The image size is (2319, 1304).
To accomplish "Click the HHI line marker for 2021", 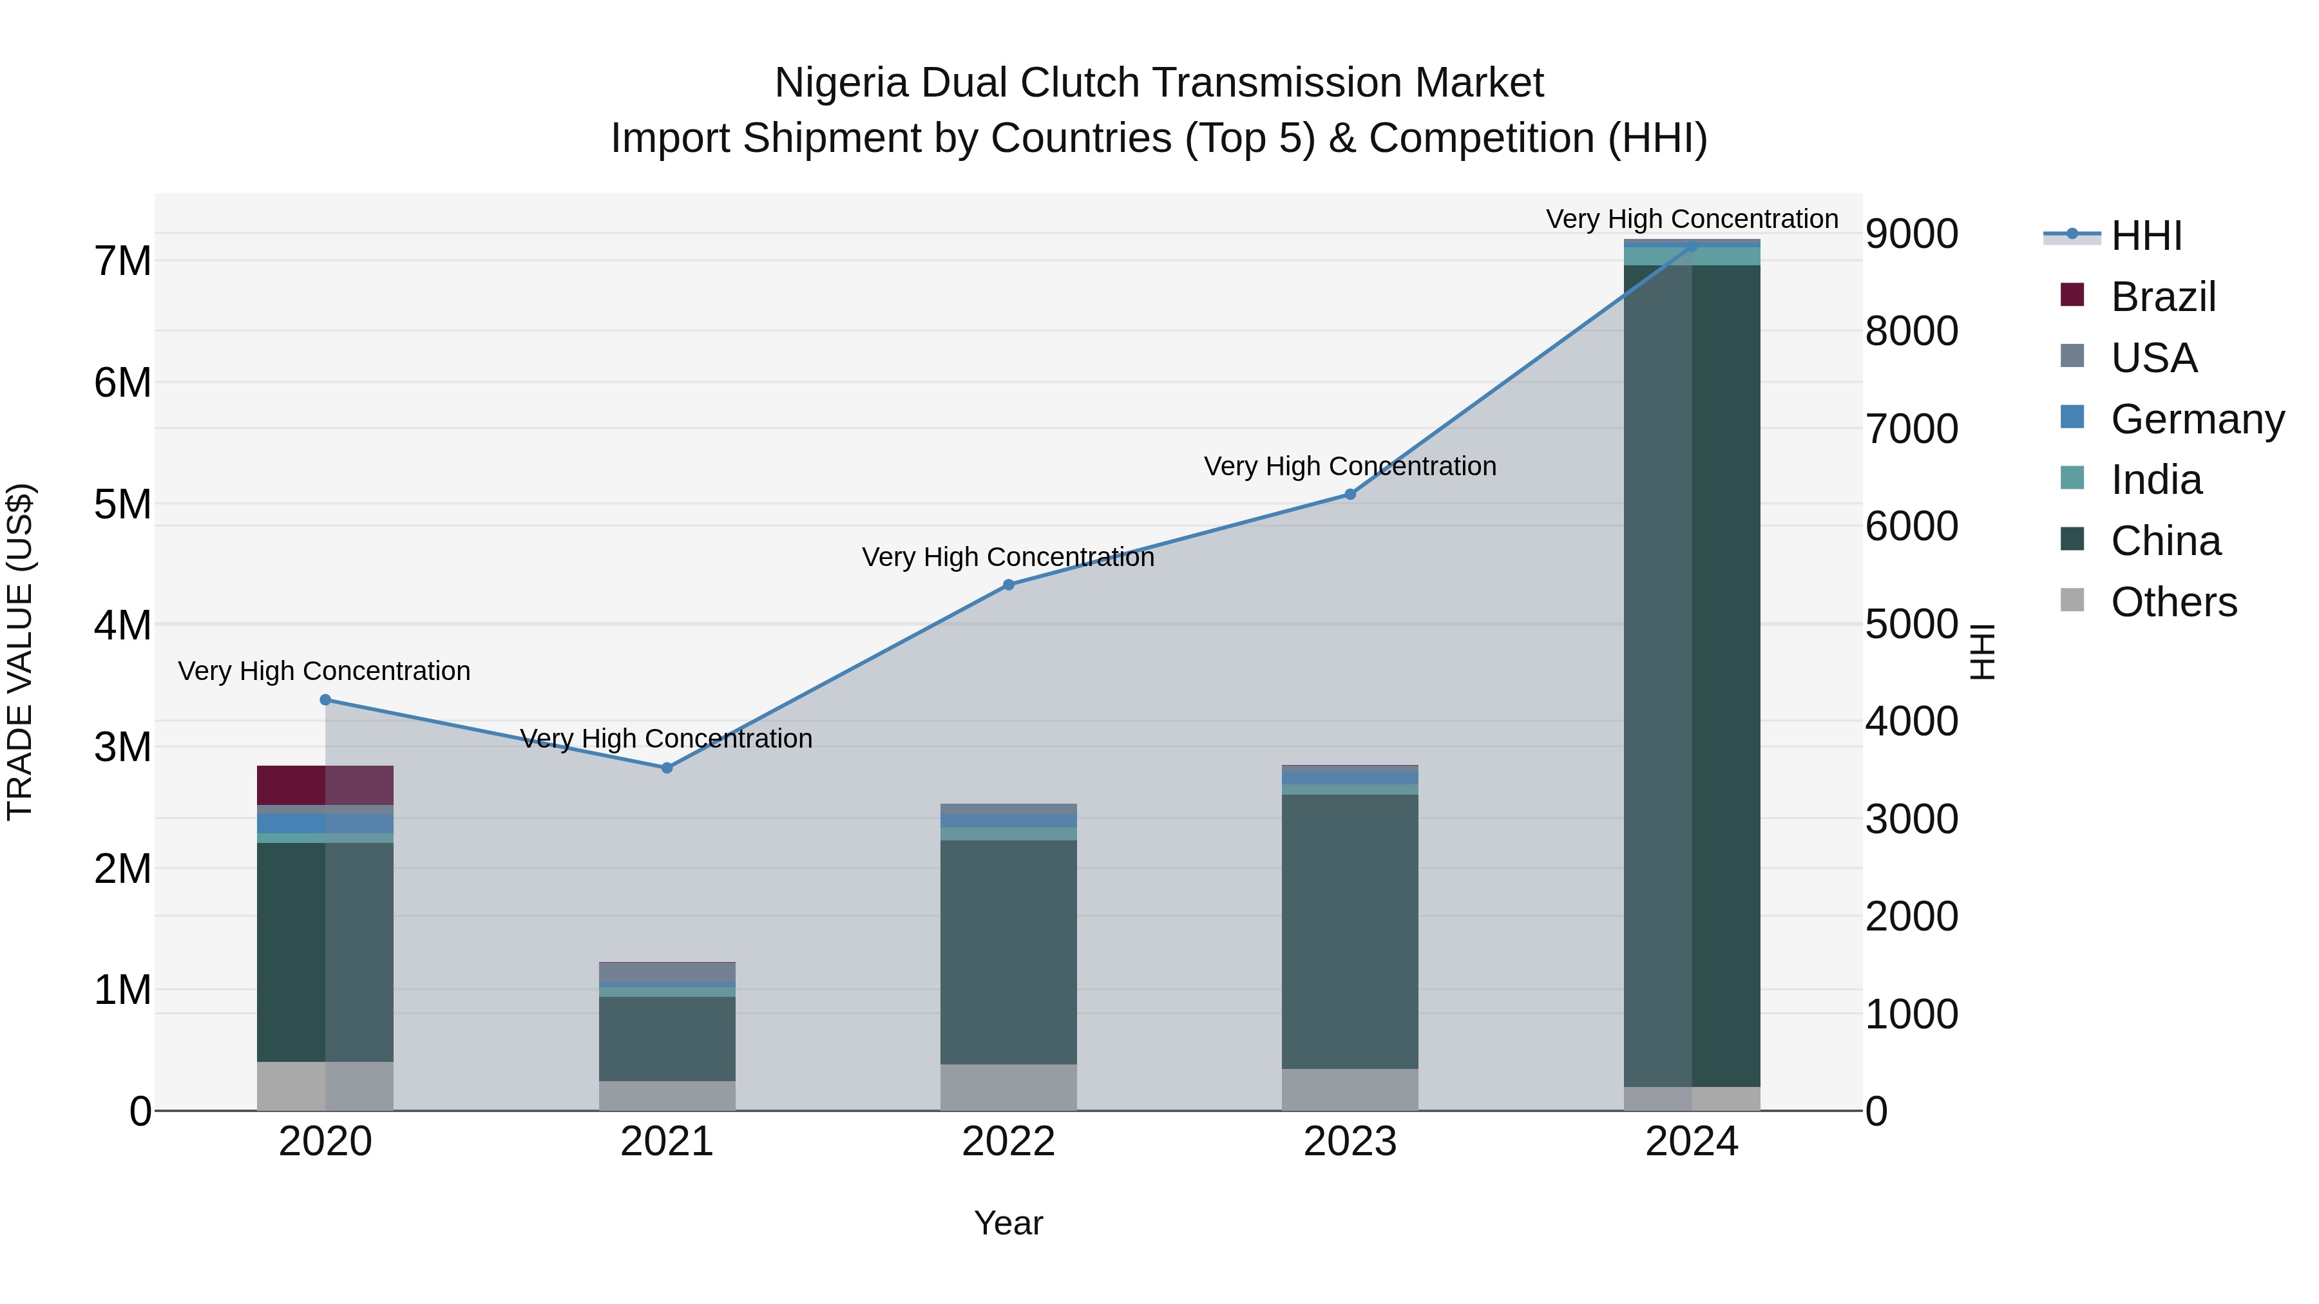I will [x=667, y=768].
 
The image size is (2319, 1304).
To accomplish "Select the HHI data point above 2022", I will [x=1008, y=585].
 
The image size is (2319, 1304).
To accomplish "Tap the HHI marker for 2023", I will [x=1350, y=494].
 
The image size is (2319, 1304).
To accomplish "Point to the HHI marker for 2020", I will [x=326, y=699].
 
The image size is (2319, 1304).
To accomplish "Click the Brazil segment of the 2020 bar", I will [x=325, y=785].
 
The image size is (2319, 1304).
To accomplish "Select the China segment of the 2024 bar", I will [x=1692, y=675].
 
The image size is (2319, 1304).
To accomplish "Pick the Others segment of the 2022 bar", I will [x=1008, y=1087].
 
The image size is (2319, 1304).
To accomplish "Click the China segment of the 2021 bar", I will [x=667, y=1039].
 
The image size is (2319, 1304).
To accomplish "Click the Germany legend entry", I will [x=2196, y=419].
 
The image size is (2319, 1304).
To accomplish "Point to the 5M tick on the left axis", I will [x=122, y=504].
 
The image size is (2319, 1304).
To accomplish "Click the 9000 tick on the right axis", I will [x=1911, y=234].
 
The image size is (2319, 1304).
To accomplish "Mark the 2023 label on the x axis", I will [x=1350, y=1142].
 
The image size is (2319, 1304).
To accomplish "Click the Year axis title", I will [x=1008, y=1223].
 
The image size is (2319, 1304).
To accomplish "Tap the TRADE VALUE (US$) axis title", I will [x=20, y=652].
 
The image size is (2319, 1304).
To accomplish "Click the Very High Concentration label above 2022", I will [x=1008, y=557].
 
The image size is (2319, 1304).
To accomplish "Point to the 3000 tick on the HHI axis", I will [x=1911, y=819].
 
